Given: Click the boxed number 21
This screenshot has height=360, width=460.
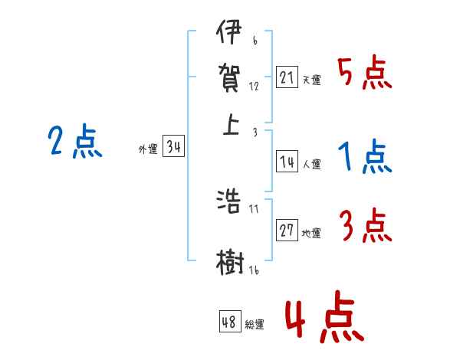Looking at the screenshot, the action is [287, 77].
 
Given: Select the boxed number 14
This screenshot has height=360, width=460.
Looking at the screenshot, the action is [287, 162].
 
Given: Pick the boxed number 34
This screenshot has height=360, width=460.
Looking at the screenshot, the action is [173, 148].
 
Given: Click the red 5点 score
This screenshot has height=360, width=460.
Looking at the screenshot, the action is [364, 75].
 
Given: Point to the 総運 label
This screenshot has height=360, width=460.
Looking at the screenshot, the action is [255, 325].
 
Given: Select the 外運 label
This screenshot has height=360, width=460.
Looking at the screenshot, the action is [148, 150].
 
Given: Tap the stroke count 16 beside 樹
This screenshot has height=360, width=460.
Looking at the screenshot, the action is [252, 270].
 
